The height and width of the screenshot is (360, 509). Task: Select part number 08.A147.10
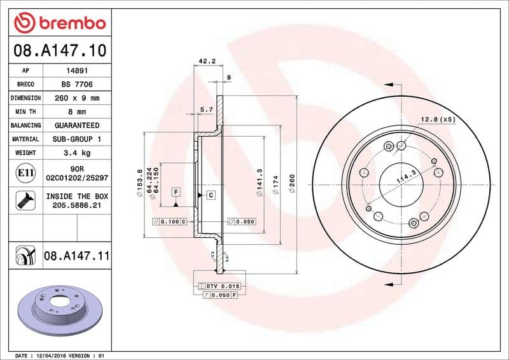59,50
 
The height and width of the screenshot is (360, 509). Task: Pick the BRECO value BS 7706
76,85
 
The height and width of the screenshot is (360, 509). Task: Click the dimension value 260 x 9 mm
76,98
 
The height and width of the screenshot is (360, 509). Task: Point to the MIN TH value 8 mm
76,112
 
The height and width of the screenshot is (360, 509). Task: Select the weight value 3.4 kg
76,153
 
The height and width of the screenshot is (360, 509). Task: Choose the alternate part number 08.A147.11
76,256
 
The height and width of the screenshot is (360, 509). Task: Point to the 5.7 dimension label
206,110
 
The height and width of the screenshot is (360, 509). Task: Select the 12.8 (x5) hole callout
438,119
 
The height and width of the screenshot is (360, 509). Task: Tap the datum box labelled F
175,191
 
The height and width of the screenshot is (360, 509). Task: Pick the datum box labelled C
210,195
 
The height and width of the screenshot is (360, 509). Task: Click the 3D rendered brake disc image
60,311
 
